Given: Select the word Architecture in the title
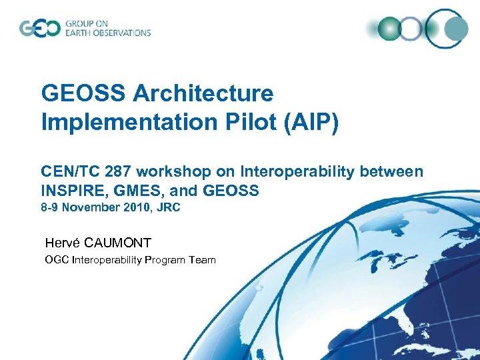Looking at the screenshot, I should (203, 93).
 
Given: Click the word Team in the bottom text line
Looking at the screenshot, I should (202, 259).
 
